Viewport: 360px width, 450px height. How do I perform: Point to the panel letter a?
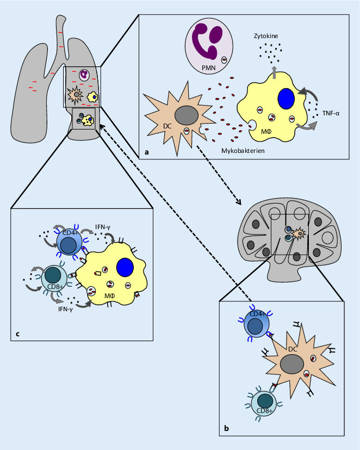click(x=146, y=154)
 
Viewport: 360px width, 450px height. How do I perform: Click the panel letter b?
click(x=226, y=429)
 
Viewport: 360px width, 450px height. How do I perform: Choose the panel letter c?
click(x=17, y=334)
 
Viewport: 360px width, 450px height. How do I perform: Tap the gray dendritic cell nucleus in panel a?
click(x=186, y=115)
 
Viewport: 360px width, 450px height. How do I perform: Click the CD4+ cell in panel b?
click(x=259, y=324)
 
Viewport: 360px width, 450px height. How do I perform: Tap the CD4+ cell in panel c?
click(x=70, y=241)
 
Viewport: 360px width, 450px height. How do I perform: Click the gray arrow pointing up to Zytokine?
click(x=274, y=71)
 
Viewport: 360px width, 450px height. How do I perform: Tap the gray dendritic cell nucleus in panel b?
click(x=293, y=363)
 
